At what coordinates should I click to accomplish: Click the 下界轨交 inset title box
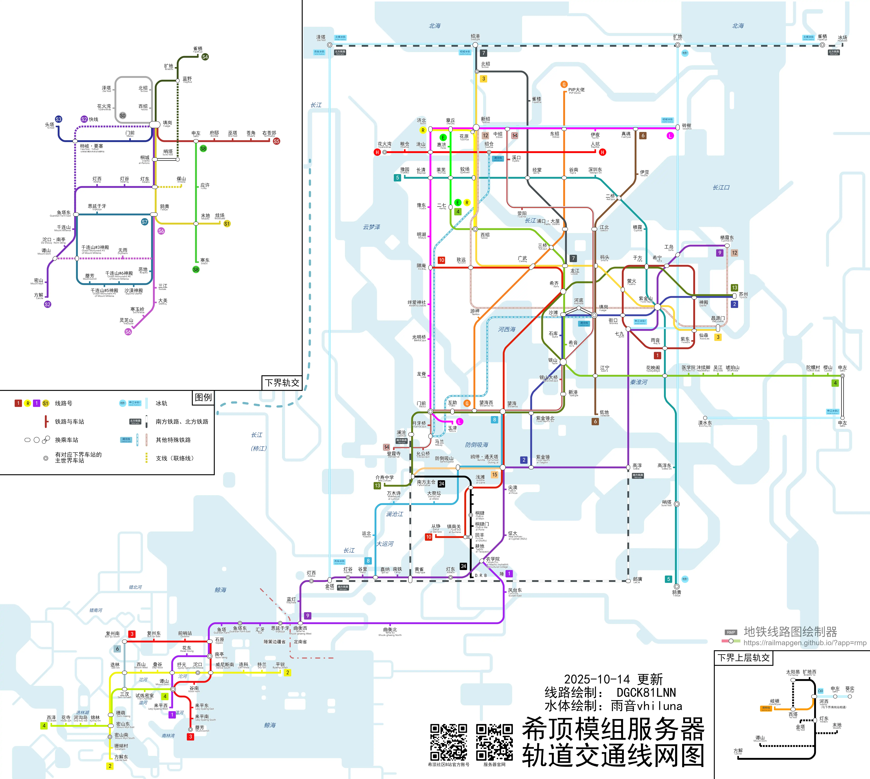[282, 383]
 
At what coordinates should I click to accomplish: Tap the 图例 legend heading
[203, 397]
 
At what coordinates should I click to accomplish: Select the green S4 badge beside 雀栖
[205, 57]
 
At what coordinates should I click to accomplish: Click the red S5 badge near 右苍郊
[276, 141]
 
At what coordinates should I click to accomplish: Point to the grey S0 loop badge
[123, 116]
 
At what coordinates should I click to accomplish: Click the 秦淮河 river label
[639, 382]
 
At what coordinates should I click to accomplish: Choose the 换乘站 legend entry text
[67, 440]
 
